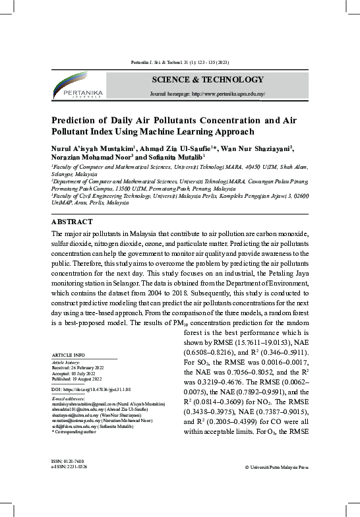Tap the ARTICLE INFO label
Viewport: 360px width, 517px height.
(69, 355)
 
